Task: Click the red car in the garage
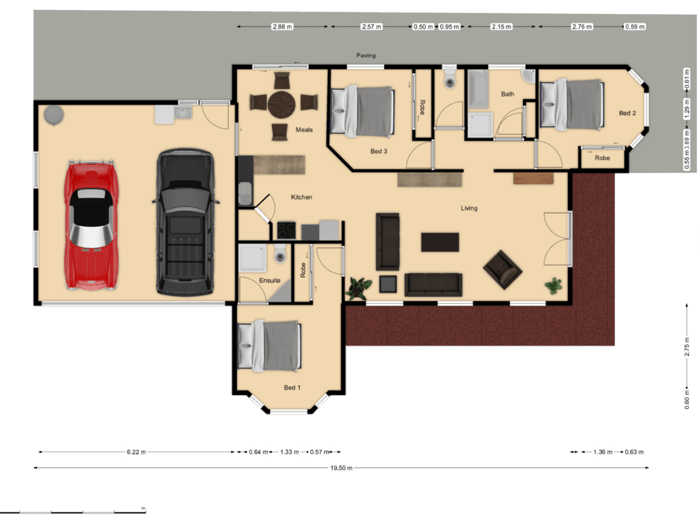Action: coord(91,225)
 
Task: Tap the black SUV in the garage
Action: coord(185,223)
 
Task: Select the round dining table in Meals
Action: coord(281,104)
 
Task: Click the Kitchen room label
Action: coord(301,197)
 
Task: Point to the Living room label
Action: coord(469,208)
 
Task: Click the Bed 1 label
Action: coord(292,387)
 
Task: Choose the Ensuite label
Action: coord(270,281)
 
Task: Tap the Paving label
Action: coord(365,56)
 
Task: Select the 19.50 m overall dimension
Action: coord(341,468)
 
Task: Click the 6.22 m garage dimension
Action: coord(136,452)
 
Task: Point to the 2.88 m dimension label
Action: coord(282,27)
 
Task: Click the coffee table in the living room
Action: coord(440,242)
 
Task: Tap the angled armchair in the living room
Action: coord(502,270)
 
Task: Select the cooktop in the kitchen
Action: coord(287,230)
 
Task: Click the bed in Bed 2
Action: coord(572,104)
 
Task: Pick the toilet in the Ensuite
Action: coord(280,254)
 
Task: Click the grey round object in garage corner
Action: coord(54,115)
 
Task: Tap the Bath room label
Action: coord(507,94)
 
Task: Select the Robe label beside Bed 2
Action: coord(602,158)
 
